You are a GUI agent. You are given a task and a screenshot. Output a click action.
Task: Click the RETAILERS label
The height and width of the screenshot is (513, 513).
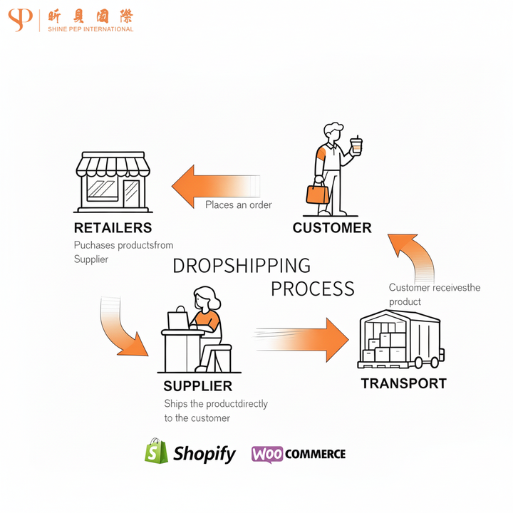coord(113,228)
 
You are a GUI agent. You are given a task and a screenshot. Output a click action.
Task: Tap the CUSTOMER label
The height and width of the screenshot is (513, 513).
coord(332,228)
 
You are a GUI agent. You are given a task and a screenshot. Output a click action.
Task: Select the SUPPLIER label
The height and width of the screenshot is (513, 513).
coord(197,386)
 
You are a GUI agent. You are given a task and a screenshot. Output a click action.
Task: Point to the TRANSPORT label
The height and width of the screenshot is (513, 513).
coord(403,383)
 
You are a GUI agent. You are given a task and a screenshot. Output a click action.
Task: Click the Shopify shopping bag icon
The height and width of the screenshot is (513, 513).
coord(156,452)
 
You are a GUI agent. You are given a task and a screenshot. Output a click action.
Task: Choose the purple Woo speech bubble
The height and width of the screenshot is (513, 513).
coord(267,454)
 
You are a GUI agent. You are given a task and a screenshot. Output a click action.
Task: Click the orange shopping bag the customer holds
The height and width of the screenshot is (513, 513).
coord(317,193)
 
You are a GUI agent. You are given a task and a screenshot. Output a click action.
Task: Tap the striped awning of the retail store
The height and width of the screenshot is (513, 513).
coord(113,167)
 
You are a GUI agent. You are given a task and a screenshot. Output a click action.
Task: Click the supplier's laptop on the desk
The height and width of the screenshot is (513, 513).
coord(178,321)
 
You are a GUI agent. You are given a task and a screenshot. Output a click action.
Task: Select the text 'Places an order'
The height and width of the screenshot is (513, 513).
coord(239,205)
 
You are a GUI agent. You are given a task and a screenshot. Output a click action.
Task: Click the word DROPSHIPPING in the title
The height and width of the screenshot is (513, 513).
coord(242,266)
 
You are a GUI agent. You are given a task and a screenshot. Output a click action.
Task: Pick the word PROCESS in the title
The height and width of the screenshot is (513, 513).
coord(312,289)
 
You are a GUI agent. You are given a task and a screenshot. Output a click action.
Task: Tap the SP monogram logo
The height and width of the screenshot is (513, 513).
coord(20,20)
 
